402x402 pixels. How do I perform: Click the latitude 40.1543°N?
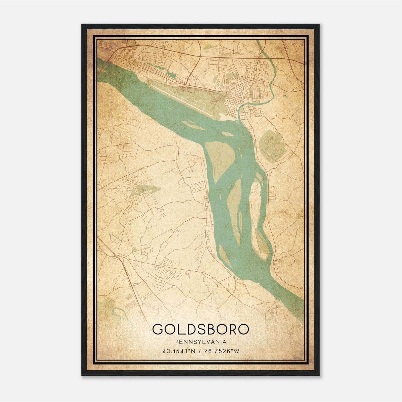pyautogui.click(x=179, y=351)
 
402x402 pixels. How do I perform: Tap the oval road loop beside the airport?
pyautogui.click(x=186, y=88)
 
